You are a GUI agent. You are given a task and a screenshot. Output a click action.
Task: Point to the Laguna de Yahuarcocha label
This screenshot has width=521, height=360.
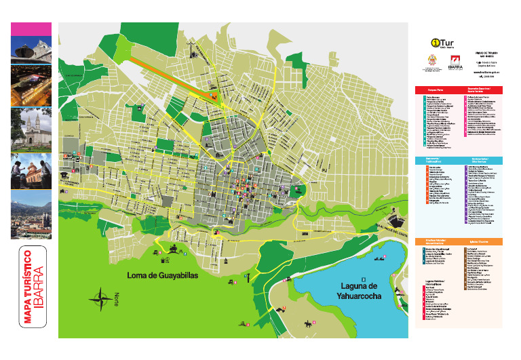364,290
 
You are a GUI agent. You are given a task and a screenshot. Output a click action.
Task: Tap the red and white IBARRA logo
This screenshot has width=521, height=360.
455,64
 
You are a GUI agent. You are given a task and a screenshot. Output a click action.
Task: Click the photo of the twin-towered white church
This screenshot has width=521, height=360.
31,127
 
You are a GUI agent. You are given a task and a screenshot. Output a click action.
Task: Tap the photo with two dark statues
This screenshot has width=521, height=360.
31,169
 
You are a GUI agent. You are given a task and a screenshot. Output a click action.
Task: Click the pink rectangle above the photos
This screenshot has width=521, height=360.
31,28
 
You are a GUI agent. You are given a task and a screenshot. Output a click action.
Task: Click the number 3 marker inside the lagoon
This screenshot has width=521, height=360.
364,279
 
